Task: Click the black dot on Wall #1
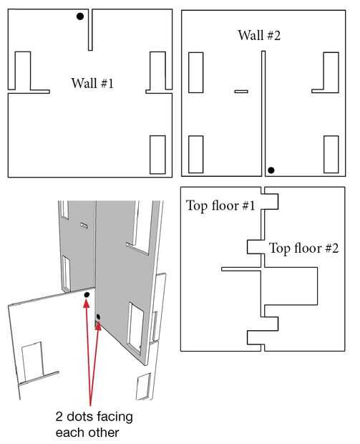[x=80, y=16]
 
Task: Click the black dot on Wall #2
[x=271, y=170]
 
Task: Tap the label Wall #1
[x=92, y=83]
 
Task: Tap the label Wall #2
[x=259, y=35]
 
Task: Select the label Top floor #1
[x=220, y=206]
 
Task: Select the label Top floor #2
[x=303, y=248]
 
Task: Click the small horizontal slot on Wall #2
[x=241, y=92]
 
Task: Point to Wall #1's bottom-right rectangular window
[x=157, y=155]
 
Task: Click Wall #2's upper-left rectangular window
[x=196, y=72]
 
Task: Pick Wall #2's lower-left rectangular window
[x=196, y=154]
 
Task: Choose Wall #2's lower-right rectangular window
[x=331, y=154]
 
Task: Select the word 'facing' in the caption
[x=115, y=418]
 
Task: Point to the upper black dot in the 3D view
[x=87, y=295]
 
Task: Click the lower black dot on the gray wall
[x=98, y=317]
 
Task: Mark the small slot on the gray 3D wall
[x=84, y=226]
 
